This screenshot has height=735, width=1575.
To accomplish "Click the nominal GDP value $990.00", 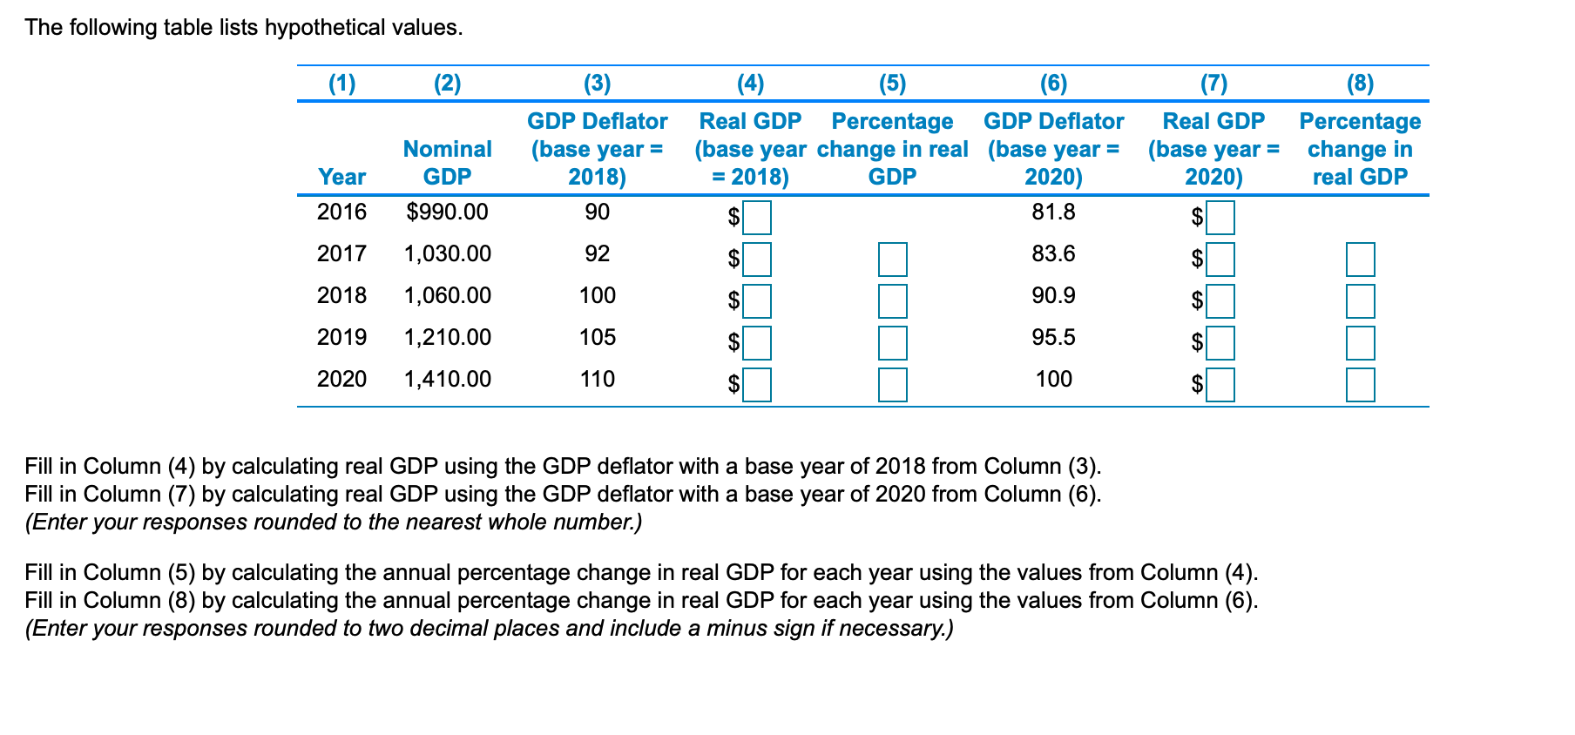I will click(447, 212).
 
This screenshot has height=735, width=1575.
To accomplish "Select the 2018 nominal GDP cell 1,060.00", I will click(447, 295).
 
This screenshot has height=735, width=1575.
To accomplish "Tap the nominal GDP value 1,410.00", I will click(447, 379).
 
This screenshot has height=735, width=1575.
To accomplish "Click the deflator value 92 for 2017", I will click(597, 253).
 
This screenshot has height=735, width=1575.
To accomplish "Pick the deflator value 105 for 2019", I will click(597, 337).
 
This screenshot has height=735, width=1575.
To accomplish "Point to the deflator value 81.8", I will click(1053, 212).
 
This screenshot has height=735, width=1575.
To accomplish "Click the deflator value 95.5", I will click(1053, 337).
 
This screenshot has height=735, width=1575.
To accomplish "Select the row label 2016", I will click(341, 212).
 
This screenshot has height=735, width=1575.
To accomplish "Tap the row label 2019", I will click(341, 337).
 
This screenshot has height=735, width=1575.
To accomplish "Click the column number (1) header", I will click(341, 84).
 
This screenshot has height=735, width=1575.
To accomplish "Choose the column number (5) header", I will click(892, 84).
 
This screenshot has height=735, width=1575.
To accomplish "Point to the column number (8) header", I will click(1360, 84).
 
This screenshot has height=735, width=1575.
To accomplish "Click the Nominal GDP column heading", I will click(447, 163).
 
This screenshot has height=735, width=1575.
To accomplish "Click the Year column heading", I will click(341, 177).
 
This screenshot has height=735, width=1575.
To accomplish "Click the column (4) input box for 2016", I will click(756, 218).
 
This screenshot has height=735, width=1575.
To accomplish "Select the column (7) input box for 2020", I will click(1220, 384).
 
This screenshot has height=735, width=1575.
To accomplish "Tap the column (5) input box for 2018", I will click(892, 301).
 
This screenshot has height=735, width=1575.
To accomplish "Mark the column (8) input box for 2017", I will click(1360, 260).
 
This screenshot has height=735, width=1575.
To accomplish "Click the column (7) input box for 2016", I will click(1220, 218).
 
